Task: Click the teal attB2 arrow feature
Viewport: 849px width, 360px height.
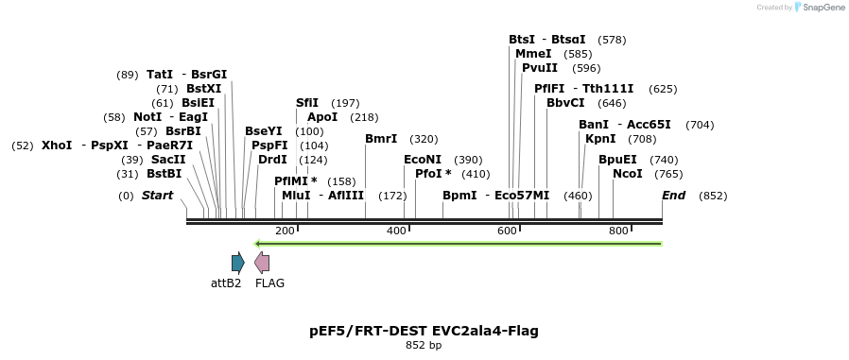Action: (237, 263)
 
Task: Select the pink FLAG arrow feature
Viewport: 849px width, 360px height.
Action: (262, 263)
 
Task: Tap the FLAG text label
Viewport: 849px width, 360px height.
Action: (269, 283)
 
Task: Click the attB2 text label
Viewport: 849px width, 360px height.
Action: (226, 283)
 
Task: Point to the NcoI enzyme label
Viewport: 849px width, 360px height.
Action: (627, 174)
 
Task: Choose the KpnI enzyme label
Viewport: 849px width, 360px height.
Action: (600, 139)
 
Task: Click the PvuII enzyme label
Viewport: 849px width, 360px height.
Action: (540, 68)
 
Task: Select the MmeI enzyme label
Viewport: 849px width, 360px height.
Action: (533, 54)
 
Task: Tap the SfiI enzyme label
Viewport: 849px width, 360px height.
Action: (307, 103)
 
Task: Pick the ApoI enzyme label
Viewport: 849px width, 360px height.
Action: (322, 117)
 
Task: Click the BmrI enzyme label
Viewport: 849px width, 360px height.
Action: (381, 139)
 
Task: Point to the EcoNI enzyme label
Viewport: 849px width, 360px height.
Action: (423, 161)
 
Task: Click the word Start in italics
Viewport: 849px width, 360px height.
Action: (158, 196)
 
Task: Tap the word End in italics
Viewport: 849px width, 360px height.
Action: (673, 196)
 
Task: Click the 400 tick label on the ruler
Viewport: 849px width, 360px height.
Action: (396, 231)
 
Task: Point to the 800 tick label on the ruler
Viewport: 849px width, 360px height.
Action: (618, 231)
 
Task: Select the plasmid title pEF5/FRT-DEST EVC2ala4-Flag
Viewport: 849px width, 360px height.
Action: (424, 331)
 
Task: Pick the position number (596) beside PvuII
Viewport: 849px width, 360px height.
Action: (586, 68)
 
